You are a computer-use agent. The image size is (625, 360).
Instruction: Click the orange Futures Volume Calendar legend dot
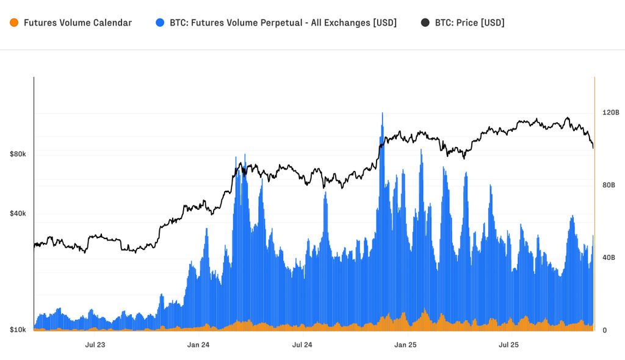point(14,23)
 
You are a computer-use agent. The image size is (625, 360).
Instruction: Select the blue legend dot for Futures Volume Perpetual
point(161,23)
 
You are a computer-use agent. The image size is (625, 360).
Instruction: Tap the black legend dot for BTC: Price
point(425,23)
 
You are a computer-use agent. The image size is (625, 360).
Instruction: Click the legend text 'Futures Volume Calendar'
point(78,23)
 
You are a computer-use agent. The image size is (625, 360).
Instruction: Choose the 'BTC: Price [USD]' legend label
point(469,23)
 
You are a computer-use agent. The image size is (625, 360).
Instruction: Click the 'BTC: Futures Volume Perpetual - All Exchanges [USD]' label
point(283,23)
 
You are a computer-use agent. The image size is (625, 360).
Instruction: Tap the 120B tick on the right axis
point(610,113)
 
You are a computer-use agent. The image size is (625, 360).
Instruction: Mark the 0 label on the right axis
point(604,330)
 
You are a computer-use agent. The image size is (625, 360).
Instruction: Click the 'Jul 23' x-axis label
point(95,345)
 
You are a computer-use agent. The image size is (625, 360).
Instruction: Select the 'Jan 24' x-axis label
point(198,345)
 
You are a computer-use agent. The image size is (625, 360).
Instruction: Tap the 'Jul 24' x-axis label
point(302,345)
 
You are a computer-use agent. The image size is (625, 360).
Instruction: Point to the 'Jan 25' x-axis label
point(405,345)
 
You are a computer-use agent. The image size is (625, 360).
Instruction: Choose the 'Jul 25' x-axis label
point(509,345)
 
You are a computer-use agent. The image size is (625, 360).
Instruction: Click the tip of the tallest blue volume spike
point(382,113)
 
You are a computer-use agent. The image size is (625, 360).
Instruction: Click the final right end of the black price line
point(593,147)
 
